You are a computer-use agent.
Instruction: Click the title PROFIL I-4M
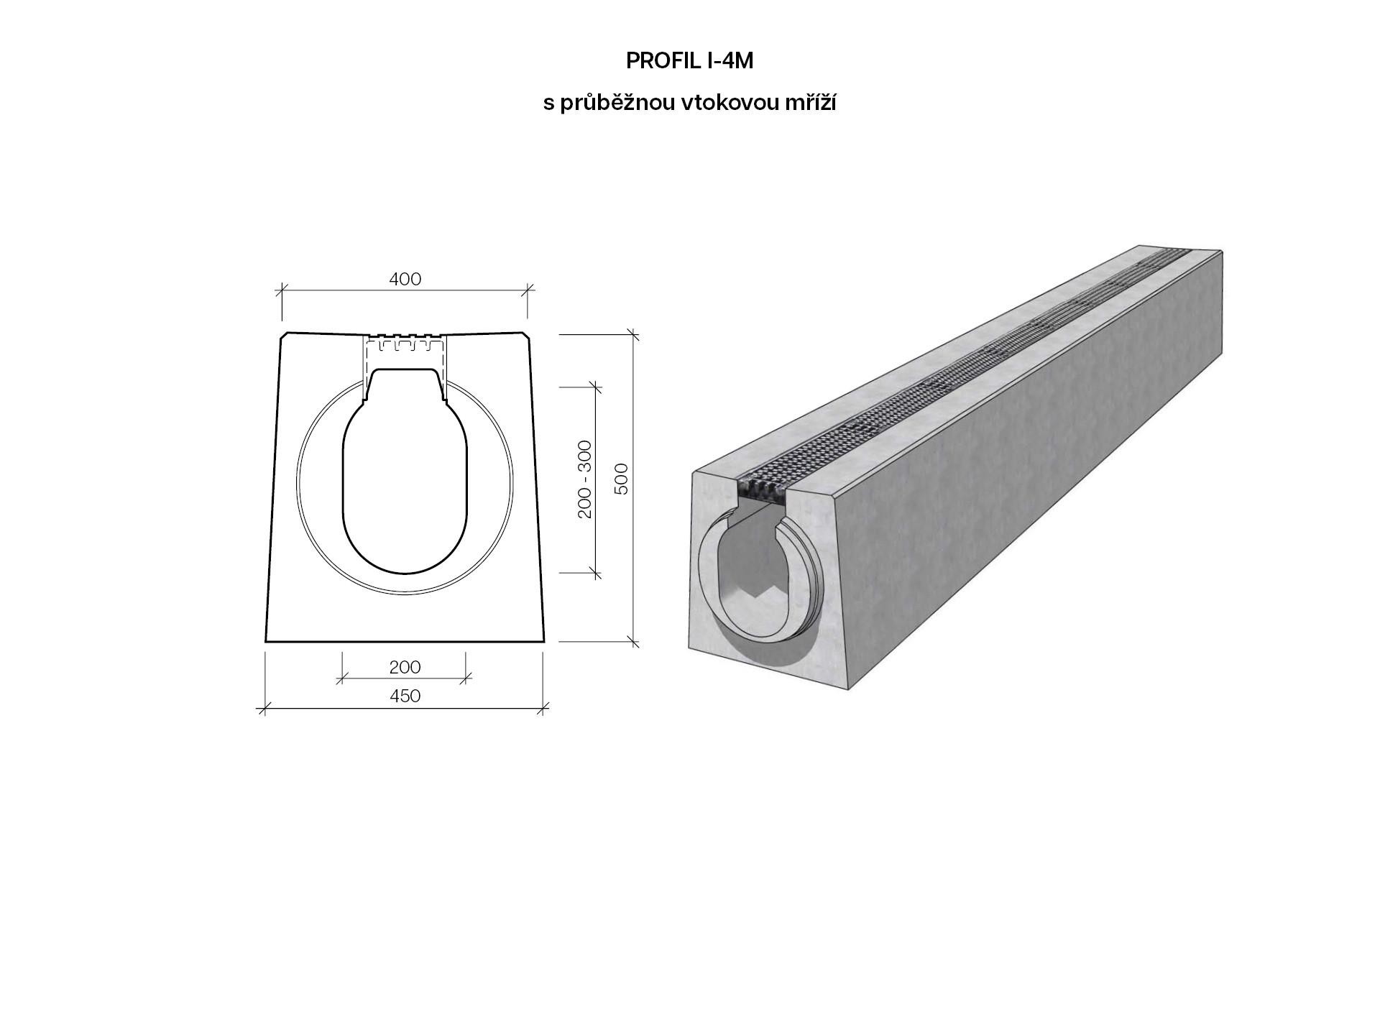pyautogui.click(x=689, y=62)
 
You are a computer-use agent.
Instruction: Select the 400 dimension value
pyautogui.click(x=405, y=279)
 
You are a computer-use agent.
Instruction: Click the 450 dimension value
pyautogui.click(x=405, y=696)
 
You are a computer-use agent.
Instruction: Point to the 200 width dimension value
pyautogui.click(x=405, y=667)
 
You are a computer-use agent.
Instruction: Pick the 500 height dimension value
pyautogui.click(x=622, y=479)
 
